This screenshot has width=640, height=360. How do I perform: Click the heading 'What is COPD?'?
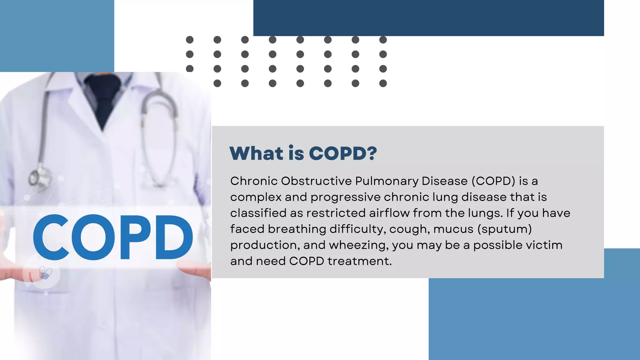click(303, 153)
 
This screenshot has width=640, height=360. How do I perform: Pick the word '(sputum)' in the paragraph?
click(505, 229)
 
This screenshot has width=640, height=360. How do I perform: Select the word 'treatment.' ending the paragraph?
click(360, 261)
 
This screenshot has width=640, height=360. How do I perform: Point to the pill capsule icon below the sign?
click(45, 273)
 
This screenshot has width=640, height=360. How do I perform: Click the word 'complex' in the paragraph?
click(256, 197)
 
